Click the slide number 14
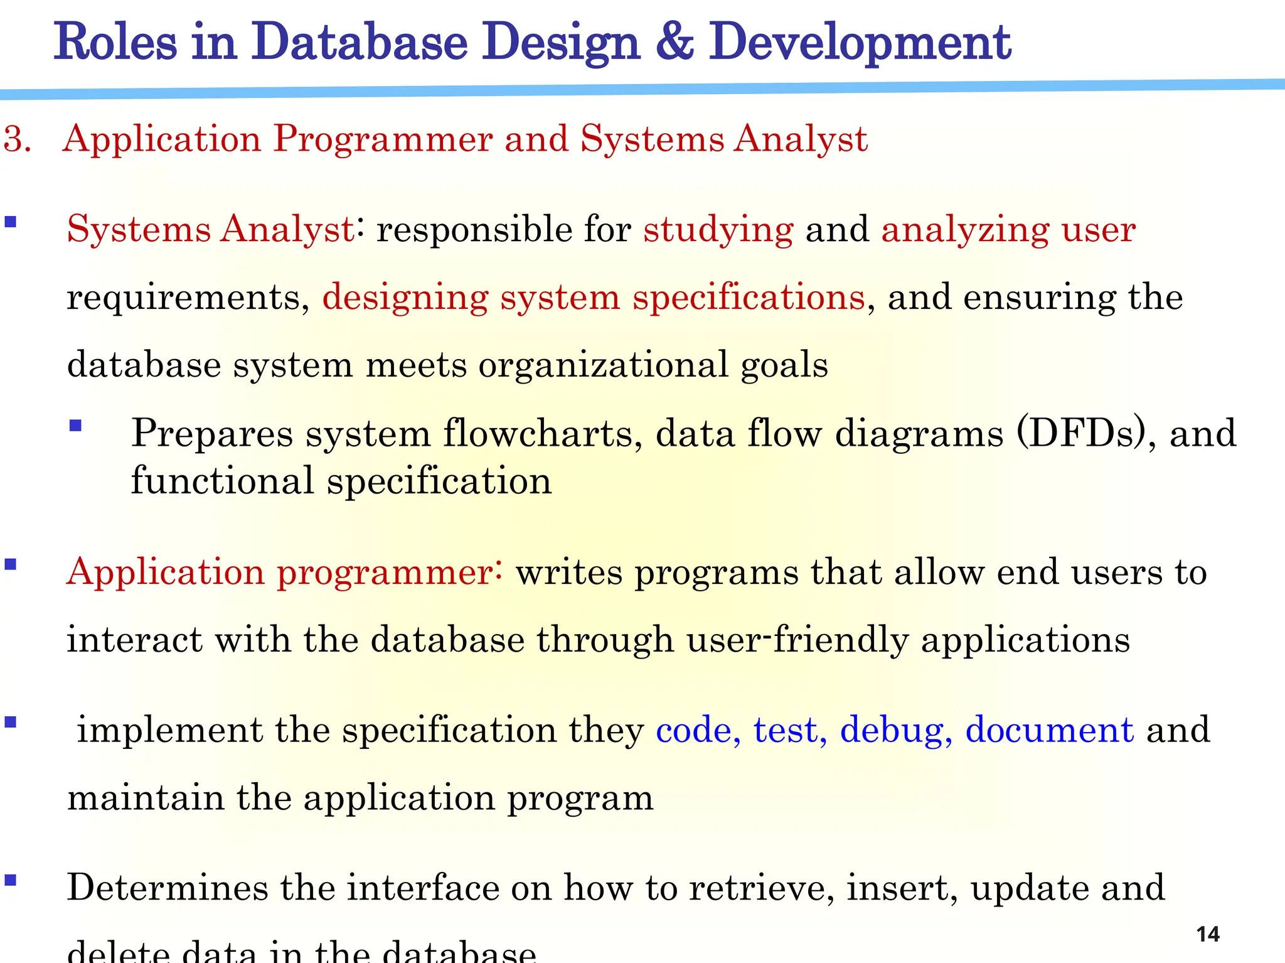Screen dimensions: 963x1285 point(1208,934)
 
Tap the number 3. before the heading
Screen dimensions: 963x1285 point(17,139)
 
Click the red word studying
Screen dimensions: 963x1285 point(718,230)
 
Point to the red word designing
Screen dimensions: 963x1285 point(405,298)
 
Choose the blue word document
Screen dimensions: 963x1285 point(1049,729)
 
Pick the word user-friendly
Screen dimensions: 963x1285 point(797,640)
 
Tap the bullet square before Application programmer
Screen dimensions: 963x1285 point(10,564)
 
